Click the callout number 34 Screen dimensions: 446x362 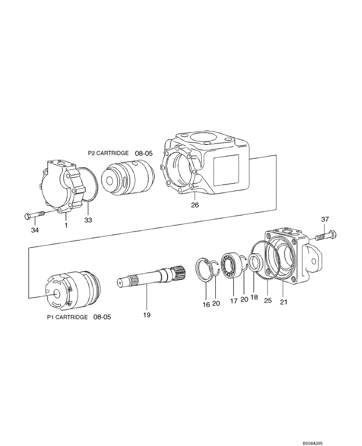click(35, 230)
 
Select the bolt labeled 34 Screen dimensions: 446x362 click(34, 216)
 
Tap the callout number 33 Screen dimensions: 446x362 click(89, 220)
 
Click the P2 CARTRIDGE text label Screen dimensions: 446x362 click(109, 153)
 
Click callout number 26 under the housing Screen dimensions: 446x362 click(195, 205)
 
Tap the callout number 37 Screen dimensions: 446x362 click(325, 219)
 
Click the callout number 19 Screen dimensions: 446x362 click(147, 315)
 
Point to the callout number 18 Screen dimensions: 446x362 click(254, 297)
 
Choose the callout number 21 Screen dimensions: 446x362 click(284, 301)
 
